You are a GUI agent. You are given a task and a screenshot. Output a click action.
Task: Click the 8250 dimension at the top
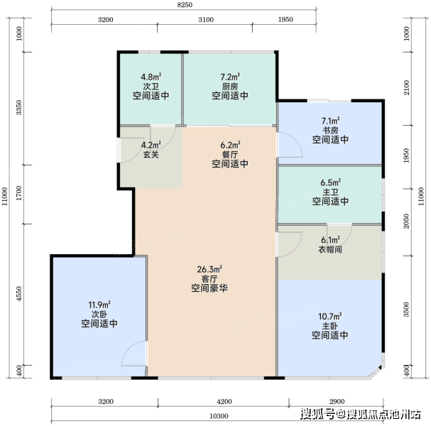tap(185, 5)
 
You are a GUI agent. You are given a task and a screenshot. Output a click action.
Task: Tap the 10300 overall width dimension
tap(219, 416)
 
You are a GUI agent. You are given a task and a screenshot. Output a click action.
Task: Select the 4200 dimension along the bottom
tap(224, 402)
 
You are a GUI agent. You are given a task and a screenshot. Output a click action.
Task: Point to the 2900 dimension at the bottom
tap(337, 402)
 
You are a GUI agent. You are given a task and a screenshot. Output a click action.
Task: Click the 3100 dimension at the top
tap(206, 19)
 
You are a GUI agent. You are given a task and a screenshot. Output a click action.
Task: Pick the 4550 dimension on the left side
tap(18, 294)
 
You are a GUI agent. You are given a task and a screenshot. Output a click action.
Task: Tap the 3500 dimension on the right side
tap(407, 309)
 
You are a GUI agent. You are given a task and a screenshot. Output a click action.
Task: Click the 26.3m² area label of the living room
tap(209, 269)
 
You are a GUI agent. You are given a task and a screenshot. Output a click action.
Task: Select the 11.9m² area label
tap(99, 305)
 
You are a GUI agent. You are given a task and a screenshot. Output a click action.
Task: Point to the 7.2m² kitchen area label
tap(230, 77)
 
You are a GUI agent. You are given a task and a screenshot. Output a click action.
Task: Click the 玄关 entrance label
tap(151, 155)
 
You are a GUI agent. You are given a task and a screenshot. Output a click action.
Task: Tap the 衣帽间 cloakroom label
tap(330, 249)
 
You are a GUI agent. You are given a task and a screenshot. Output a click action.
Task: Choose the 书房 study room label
tap(330, 130)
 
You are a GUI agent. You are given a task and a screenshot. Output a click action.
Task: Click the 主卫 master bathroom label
tap(330, 192)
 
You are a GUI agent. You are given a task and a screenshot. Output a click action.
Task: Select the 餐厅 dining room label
tap(230, 154)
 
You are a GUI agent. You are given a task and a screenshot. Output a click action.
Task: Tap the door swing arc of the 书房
tap(295, 140)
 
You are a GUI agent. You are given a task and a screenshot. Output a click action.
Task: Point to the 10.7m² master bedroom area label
tap(330, 317)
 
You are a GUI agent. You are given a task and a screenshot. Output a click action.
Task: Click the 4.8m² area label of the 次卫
tap(151, 77)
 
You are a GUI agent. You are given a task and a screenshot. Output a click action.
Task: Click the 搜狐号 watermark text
tap(317, 414)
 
